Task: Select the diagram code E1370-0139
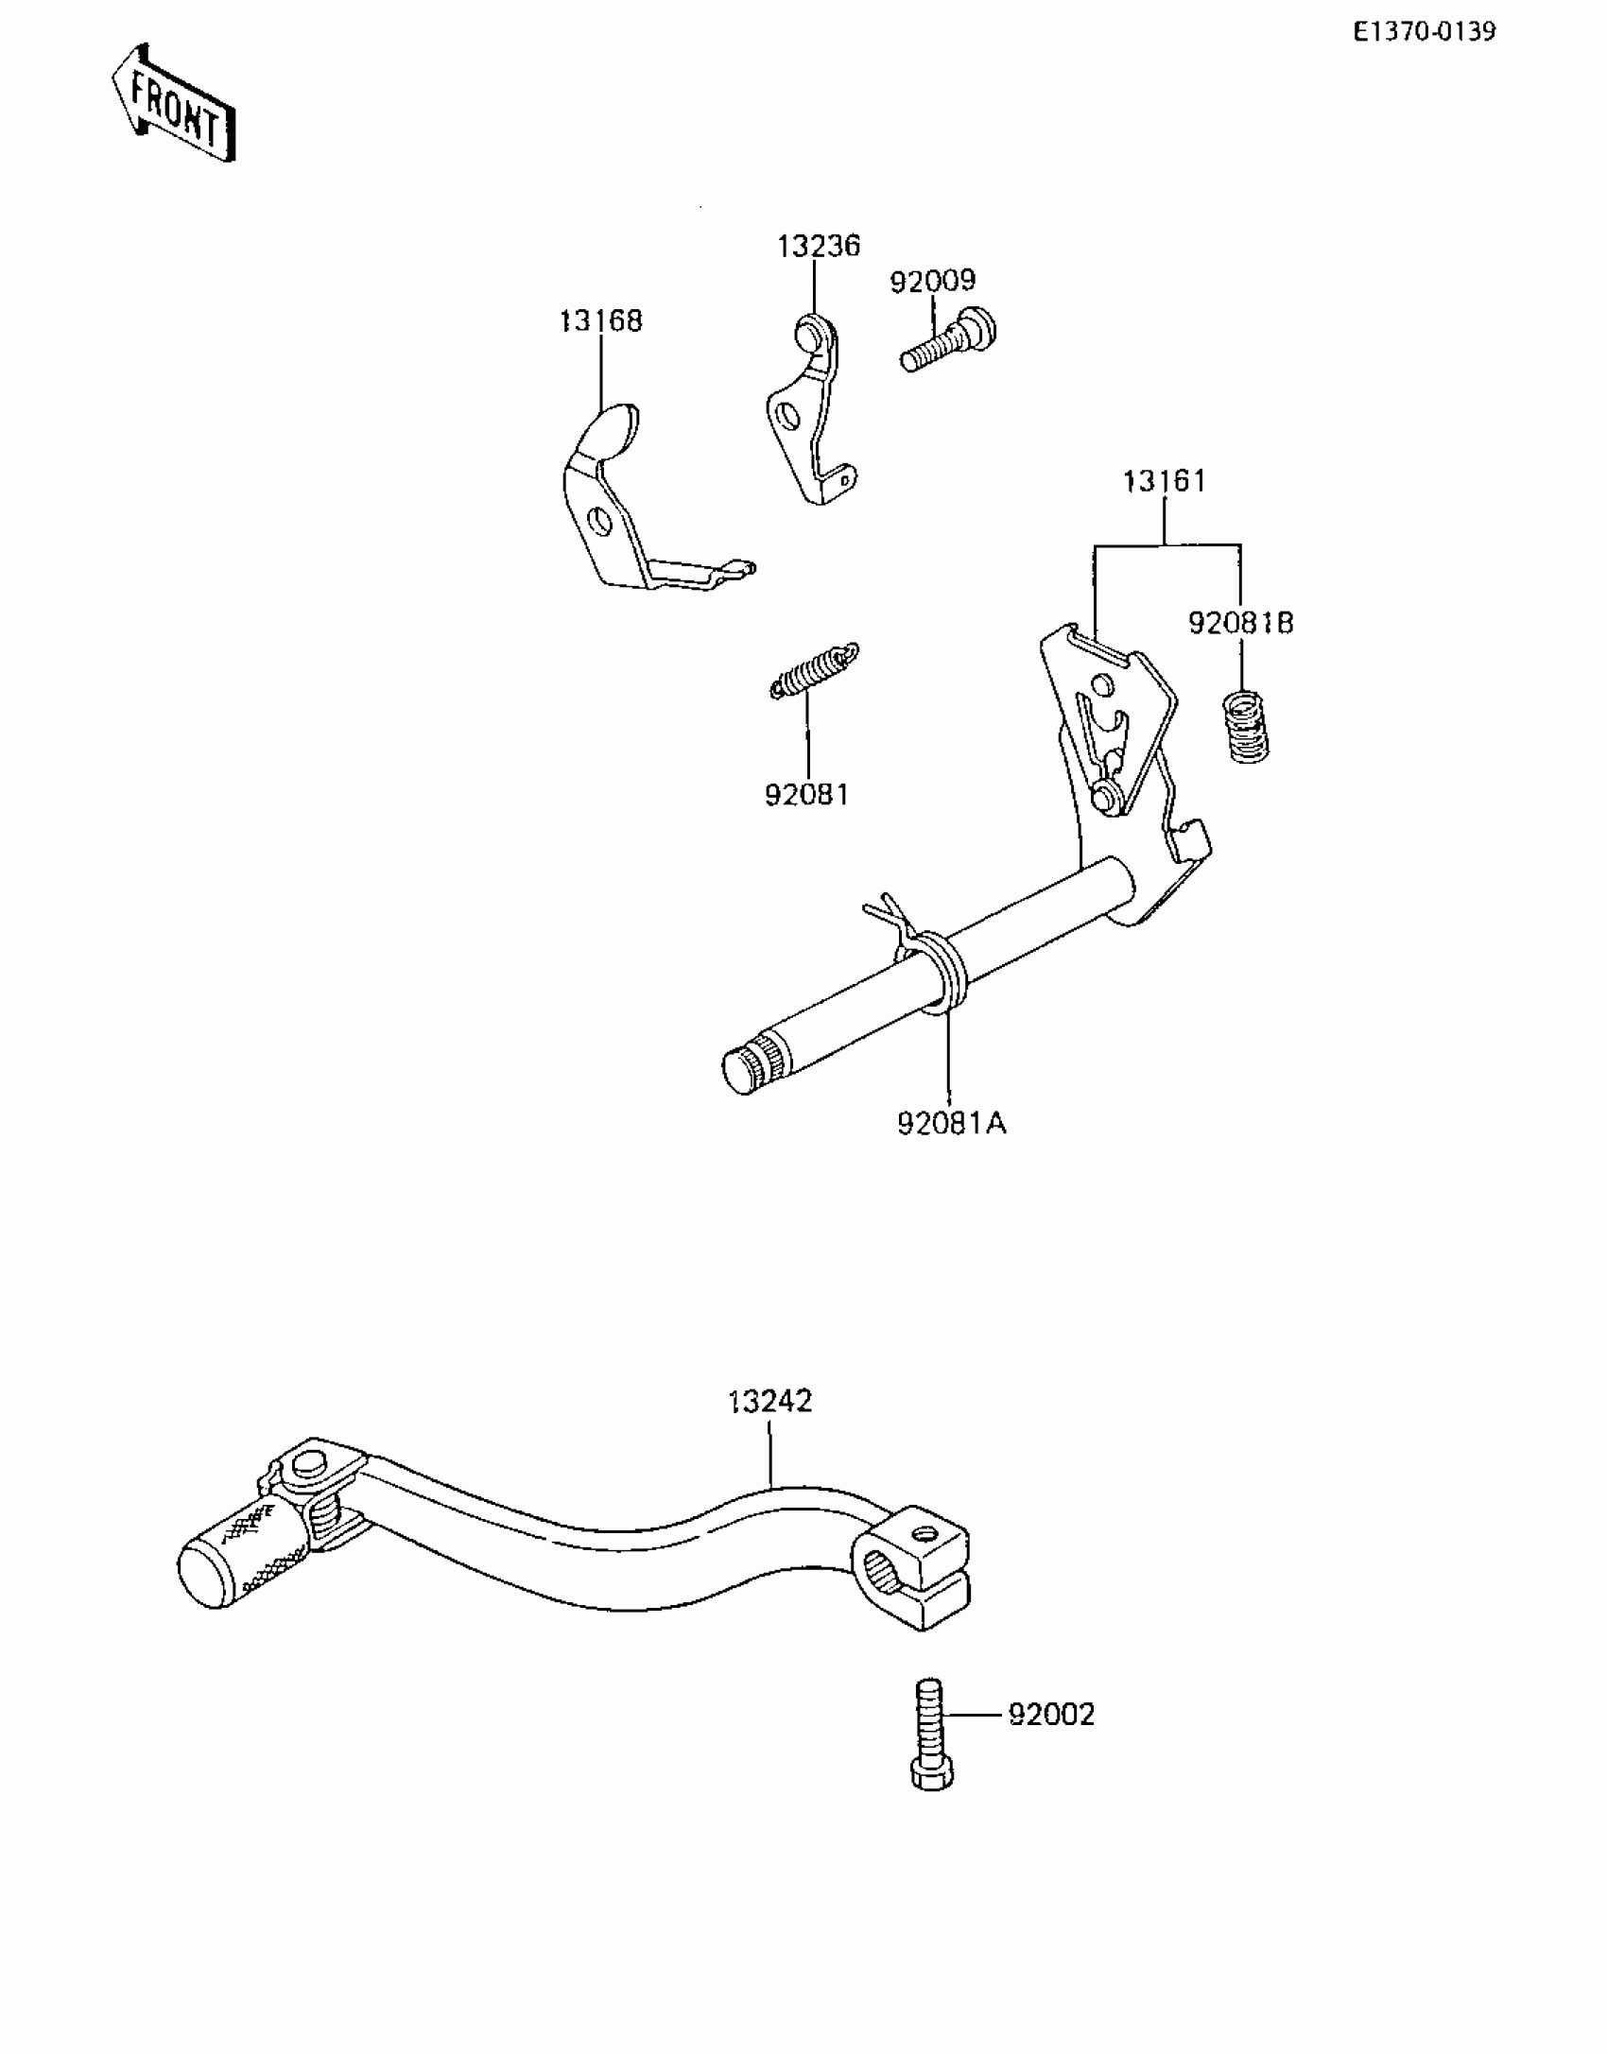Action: (x=1424, y=32)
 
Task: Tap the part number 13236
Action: (x=819, y=247)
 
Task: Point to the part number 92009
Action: (x=932, y=282)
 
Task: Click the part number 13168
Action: (x=600, y=321)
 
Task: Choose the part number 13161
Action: (x=1164, y=482)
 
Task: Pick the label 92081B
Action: (x=1240, y=624)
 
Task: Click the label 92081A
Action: (x=951, y=1124)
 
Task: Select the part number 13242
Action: (x=769, y=1401)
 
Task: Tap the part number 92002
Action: (x=1051, y=1715)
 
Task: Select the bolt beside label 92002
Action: (x=931, y=1734)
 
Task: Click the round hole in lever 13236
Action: (x=786, y=415)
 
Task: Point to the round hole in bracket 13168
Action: (x=598, y=521)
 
